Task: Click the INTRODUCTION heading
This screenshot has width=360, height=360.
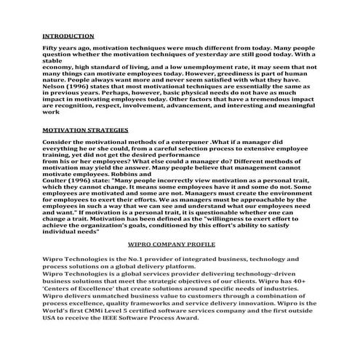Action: [x=68, y=35]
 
